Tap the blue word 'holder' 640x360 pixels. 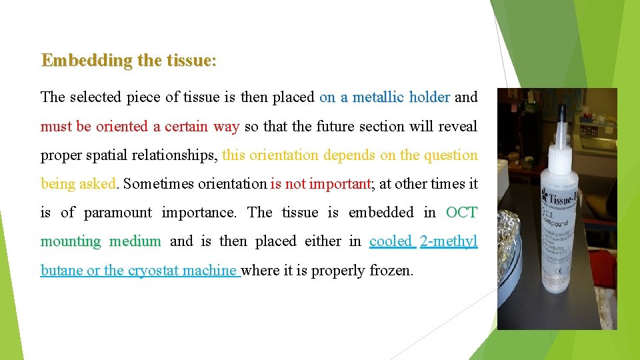[429, 97]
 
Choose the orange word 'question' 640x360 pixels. [451, 155]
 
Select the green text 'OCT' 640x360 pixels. [461, 213]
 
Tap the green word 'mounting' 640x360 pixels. [71, 241]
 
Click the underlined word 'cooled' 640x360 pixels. [391, 241]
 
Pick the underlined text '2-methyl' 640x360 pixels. [449, 241]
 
